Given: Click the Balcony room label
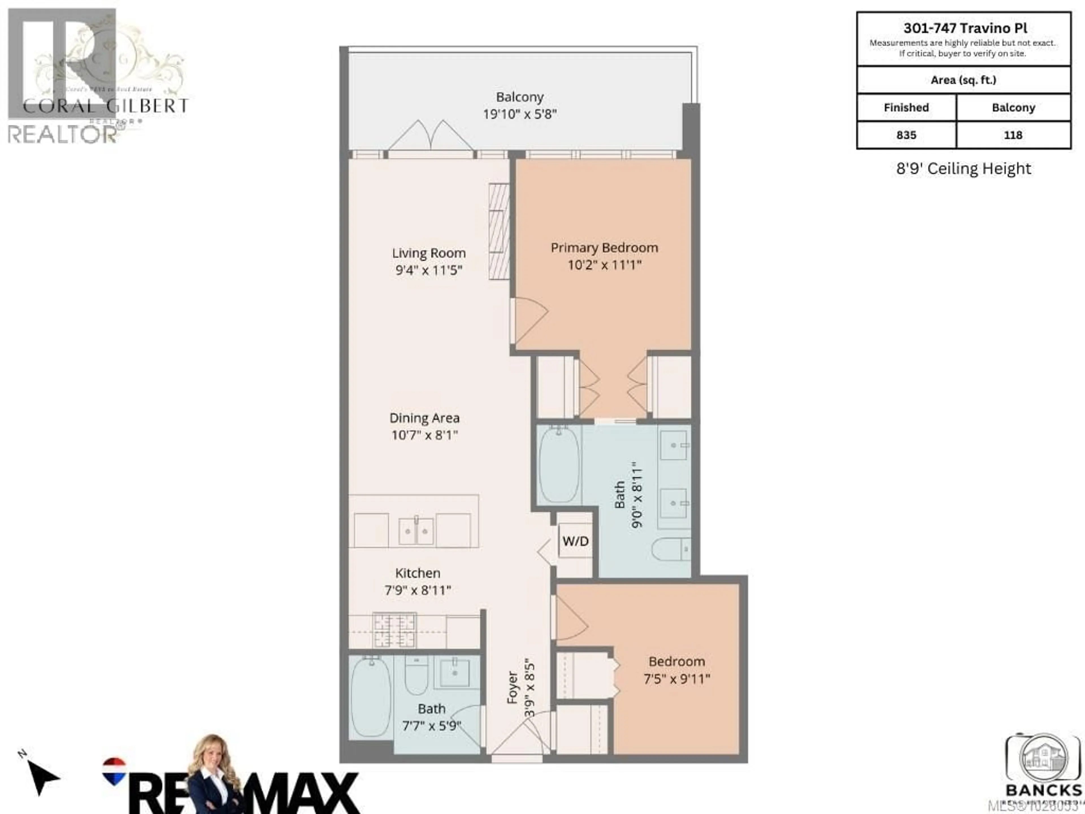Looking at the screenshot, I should coord(519,97).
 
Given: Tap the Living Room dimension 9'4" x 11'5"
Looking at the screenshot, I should coord(429,270).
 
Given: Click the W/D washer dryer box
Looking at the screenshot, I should coord(575,541).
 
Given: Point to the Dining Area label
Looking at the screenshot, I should coord(424,418).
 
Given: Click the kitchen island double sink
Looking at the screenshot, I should coord(416,531).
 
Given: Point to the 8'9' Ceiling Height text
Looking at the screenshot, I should coord(963,169).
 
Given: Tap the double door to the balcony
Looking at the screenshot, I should coord(431,136).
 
